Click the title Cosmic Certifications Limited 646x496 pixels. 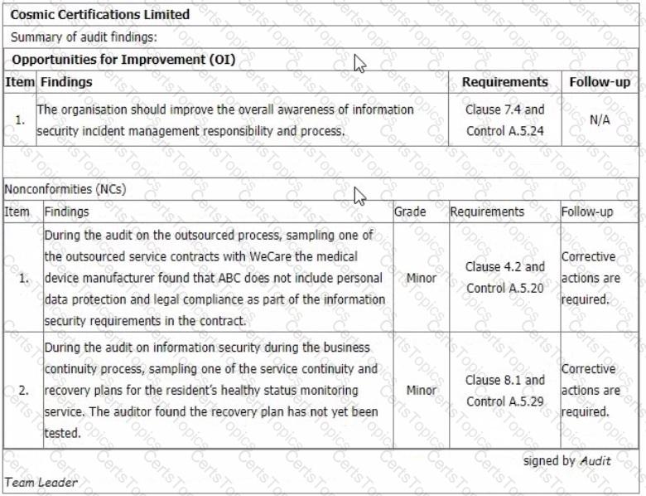(x=100, y=14)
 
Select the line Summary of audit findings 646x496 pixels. (x=84, y=37)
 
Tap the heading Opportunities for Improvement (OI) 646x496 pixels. (x=123, y=60)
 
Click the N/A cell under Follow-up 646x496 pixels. (x=600, y=119)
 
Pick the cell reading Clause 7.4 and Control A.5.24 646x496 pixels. (x=504, y=120)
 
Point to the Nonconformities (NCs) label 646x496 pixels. (x=65, y=189)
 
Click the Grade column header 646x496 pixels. (x=410, y=212)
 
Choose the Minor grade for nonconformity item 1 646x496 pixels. (x=421, y=278)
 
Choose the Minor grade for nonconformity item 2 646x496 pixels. (x=421, y=390)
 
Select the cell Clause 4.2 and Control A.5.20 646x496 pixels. (x=504, y=278)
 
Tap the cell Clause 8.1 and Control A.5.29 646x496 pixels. (x=504, y=391)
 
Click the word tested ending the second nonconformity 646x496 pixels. (x=63, y=433)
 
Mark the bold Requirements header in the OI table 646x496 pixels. (x=504, y=82)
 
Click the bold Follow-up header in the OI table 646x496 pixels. (x=600, y=82)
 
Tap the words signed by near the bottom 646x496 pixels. (x=549, y=461)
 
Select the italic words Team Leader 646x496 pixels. (x=41, y=482)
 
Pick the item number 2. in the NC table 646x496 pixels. (x=23, y=390)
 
